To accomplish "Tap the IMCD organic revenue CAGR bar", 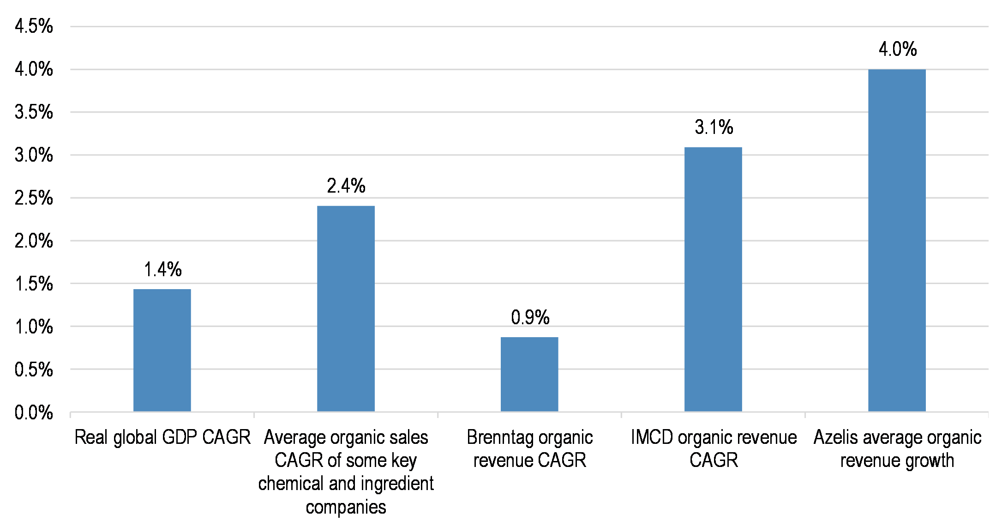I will click(x=713, y=279).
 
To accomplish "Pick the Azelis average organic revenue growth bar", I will click(x=897, y=240).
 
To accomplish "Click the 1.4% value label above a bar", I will click(x=163, y=269).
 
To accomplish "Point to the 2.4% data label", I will click(x=346, y=186).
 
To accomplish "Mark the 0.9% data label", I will click(x=530, y=317).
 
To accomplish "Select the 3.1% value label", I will click(x=714, y=127).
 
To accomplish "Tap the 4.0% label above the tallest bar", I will click(x=897, y=49).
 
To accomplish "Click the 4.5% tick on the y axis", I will click(x=34, y=26).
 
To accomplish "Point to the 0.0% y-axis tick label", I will click(x=34, y=412).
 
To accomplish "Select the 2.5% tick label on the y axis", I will click(x=34, y=198).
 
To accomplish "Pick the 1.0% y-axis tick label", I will click(x=34, y=327).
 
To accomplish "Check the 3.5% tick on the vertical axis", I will click(x=34, y=112).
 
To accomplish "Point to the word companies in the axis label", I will click(x=346, y=507).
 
